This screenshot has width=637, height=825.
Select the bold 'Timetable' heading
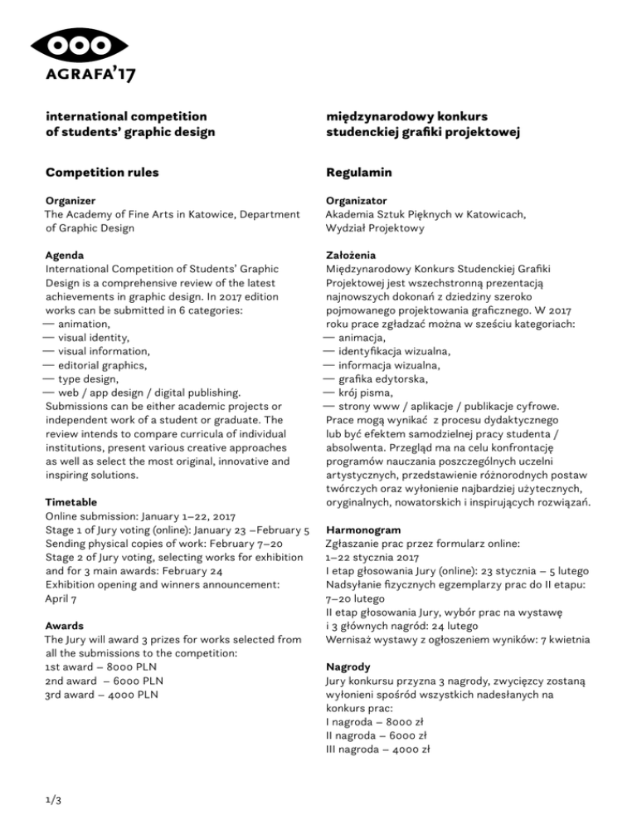[x=71, y=502]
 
